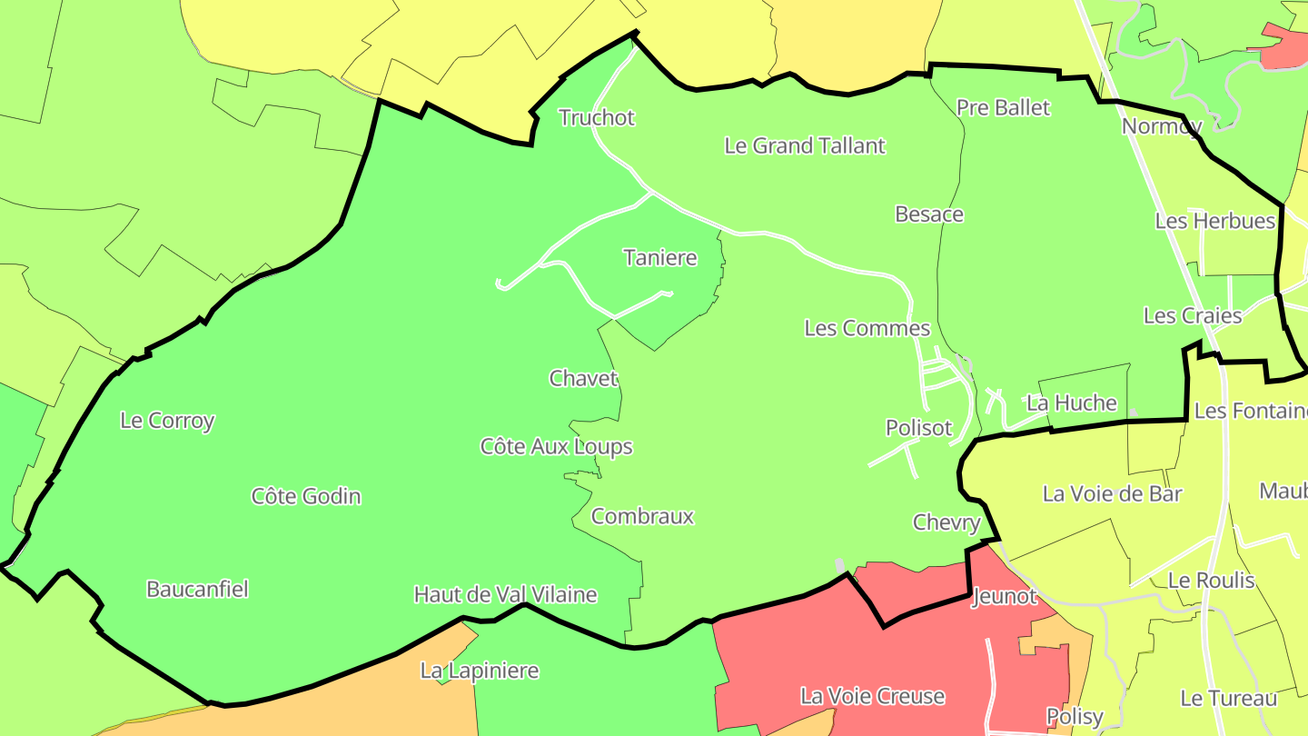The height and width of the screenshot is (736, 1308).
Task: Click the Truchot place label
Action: tap(597, 117)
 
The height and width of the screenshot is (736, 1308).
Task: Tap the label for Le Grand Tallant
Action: tap(804, 145)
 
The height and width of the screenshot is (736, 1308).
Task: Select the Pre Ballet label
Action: tap(1003, 107)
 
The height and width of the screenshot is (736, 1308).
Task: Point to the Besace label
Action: tap(929, 214)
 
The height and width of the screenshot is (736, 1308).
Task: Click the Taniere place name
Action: tap(660, 258)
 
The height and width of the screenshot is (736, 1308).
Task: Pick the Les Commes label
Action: tap(867, 328)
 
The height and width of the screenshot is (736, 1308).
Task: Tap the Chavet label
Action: tap(583, 378)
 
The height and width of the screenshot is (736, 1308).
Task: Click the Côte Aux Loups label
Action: tap(556, 446)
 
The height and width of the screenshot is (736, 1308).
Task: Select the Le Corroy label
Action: tap(167, 421)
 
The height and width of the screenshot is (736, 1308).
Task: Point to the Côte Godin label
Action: tap(306, 496)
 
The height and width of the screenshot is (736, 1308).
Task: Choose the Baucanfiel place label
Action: tap(197, 589)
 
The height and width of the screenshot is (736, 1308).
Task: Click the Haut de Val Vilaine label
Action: tap(505, 595)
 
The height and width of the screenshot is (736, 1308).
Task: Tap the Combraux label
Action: tap(642, 517)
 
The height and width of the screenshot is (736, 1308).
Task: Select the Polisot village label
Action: tap(918, 428)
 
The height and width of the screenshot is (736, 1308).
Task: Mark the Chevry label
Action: tap(946, 522)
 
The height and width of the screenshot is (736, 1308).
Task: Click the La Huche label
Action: tap(1071, 403)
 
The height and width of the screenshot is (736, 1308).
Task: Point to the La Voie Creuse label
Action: tap(872, 696)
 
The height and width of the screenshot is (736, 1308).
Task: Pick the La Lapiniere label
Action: tap(479, 671)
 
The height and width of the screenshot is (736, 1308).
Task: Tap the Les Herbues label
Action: tap(1214, 221)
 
